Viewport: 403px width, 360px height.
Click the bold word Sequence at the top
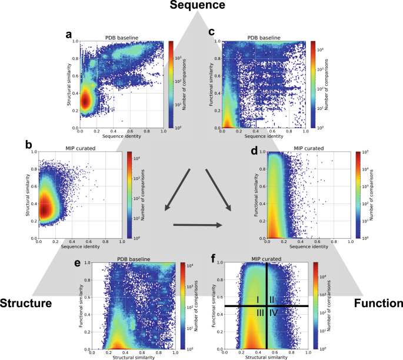pos(198,6)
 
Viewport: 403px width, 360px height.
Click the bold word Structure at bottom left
pos(27,304)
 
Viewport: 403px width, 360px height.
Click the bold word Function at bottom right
pos(379,304)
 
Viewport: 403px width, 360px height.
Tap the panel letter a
pos(69,35)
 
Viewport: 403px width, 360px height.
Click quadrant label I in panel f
pos(258,300)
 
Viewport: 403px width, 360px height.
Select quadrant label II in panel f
pos(272,300)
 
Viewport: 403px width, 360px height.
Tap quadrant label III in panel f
pos(259,312)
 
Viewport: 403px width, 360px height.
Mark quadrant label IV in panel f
pos(274,312)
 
